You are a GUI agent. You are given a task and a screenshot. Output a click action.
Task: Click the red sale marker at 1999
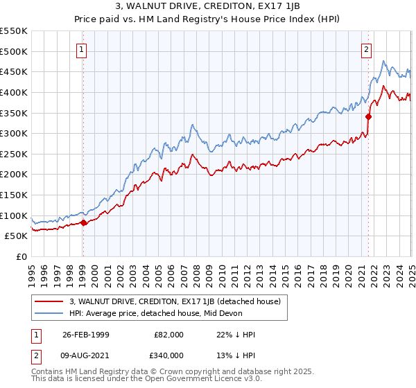[84, 222]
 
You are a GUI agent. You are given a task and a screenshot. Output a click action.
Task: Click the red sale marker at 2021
[368, 116]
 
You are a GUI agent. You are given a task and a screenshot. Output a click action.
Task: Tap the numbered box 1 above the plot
[83, 49]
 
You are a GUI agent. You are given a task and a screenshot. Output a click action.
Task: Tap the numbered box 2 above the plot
[365, 49]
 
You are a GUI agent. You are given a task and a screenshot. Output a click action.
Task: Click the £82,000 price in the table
[169, 334]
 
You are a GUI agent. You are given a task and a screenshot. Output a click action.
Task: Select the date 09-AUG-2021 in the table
[85, 356]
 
